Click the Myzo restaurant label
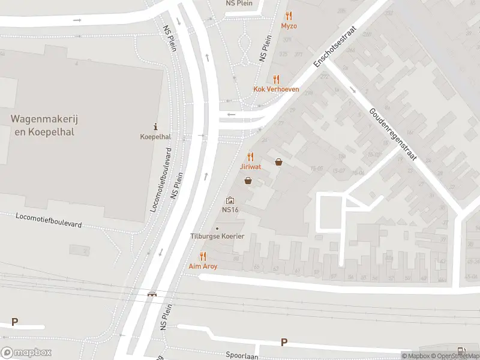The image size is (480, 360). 289,26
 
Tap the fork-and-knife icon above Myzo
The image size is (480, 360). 289,16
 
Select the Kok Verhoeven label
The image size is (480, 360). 276,89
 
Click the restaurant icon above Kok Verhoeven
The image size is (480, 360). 276,79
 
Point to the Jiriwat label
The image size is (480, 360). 251,166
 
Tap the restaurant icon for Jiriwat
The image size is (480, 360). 251,156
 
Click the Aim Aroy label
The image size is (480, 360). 203,266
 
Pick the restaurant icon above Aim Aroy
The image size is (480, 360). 203,256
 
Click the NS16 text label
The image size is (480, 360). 230,210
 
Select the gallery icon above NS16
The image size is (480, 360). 230,200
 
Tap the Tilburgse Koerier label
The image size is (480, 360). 217,236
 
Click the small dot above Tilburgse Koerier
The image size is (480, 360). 217,228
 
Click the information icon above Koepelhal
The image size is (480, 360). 156,127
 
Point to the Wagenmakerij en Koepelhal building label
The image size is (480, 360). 44,125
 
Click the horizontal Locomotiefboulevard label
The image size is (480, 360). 49,220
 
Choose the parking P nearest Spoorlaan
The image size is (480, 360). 284,343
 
